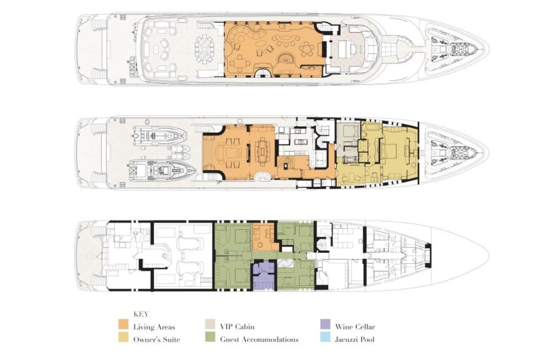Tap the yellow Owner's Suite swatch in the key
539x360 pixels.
point(123,337)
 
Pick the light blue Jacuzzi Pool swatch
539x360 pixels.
point(325,337)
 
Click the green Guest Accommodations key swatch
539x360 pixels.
point(210,337)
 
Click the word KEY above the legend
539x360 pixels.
point(141,314)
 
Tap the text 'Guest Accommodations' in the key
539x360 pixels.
point(259,339)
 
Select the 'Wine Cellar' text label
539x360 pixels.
point(355,327)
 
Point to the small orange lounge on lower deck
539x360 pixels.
point(265,237)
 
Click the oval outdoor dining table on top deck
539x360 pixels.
point(204,49)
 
